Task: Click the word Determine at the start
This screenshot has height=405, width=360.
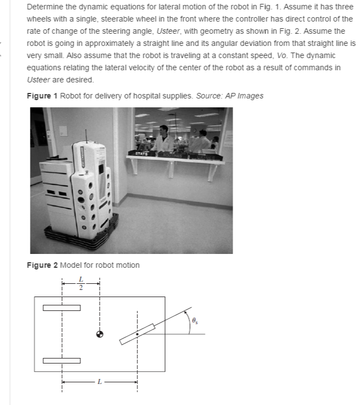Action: (x=44, y=8)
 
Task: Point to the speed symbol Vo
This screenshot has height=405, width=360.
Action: (x=282, y=56)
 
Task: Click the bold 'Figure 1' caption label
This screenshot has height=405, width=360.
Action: (x=42, y=96)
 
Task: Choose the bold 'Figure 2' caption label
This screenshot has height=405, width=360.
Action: (x=42, y=265)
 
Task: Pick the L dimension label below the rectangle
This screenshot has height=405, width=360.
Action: (x=99, y=381)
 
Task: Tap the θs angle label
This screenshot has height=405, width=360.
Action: (x=194, y=320)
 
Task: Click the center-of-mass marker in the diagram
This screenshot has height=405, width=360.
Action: (x=99, y=334)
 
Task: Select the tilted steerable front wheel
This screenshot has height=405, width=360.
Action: (x=136, y=334)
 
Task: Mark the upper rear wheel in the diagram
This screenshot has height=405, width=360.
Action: (x=62, y=308)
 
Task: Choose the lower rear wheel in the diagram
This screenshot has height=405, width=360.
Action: (x=62, y=361)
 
